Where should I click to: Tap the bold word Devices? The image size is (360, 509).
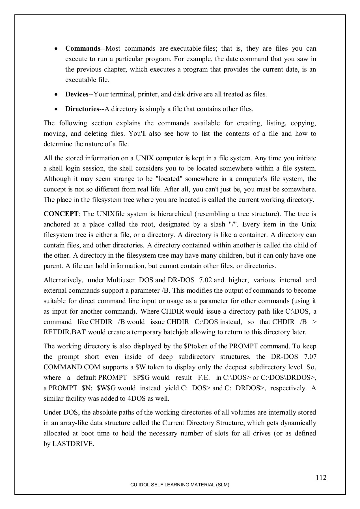[x=77, y=94]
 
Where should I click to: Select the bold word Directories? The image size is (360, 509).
[x=82, y=109]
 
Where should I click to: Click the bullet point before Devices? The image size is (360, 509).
[x=57, y=94]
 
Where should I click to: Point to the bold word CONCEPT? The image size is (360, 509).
[x=61, y=214]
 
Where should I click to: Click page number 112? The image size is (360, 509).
[x=321, y=478]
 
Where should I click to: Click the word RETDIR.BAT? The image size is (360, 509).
[x=65, y=332]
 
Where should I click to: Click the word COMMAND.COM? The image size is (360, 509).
[x=72, y=367]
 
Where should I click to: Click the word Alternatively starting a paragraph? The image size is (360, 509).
[x=63, y=280]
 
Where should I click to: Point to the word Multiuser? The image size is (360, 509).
[x=120, y=280]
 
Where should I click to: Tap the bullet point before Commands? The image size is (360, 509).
[x=57, y=49]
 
